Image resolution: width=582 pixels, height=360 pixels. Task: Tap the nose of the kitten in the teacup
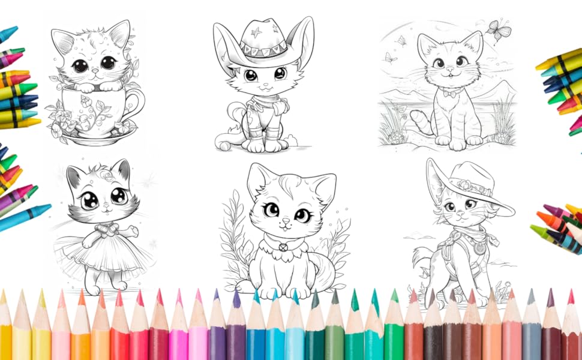[94, 71]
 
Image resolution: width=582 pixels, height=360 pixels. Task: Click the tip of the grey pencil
[530, 293]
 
